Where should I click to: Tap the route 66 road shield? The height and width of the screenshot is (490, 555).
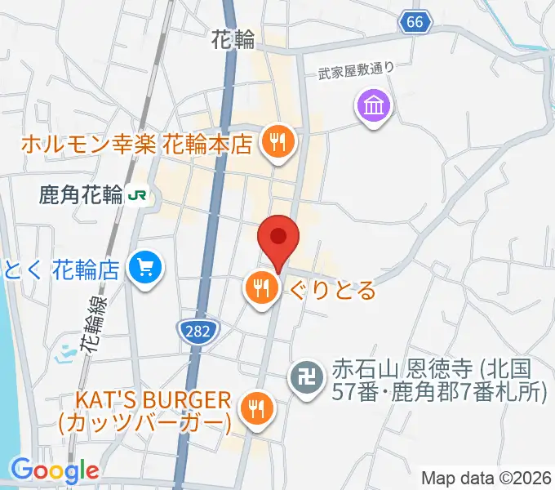point(415,23)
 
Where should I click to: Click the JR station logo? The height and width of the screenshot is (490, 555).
point(141,195)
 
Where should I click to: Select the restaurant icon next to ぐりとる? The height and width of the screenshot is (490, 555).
point(261,288)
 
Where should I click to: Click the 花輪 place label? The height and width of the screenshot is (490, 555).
point(233,38)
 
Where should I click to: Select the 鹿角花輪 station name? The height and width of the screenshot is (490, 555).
point(80,195)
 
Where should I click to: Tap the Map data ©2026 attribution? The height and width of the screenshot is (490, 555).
point(486,479)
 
